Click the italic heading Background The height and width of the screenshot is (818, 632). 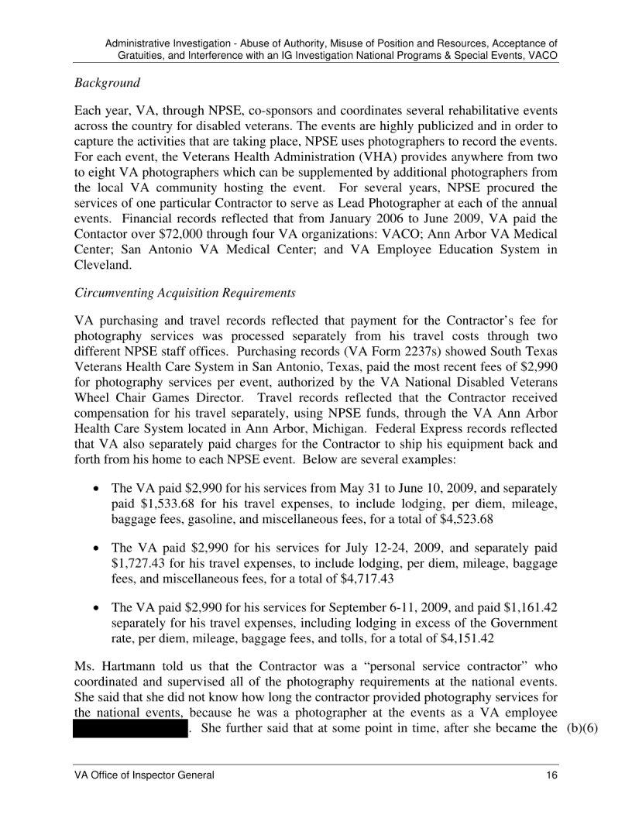pyautogui.click(x=106, y=82)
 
